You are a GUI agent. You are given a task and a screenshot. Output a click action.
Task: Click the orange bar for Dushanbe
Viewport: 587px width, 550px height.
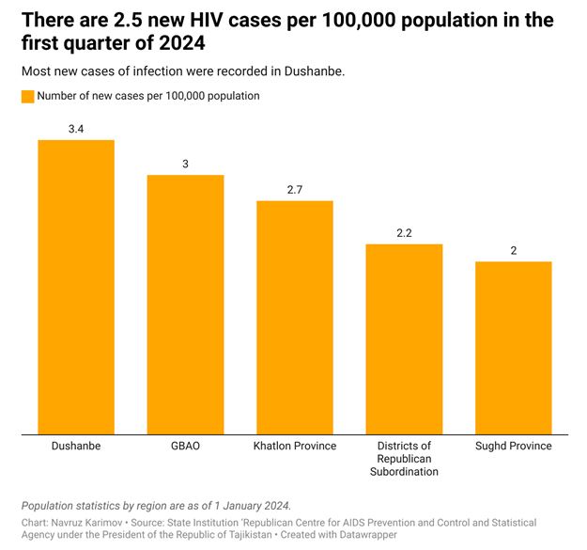[x=76, y=287]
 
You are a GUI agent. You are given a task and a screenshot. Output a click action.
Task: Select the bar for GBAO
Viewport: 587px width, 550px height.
[x=185, y=305]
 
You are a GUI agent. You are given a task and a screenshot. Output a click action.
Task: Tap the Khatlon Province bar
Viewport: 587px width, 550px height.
[x=295, y=318]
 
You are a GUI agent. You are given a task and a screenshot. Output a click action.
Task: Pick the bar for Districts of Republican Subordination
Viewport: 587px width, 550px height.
[x=404, y=339]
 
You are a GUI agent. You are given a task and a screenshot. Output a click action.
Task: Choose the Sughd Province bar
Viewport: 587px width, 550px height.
[x=513, y=348]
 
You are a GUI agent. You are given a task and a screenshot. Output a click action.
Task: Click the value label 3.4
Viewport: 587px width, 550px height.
[x=76, y=129]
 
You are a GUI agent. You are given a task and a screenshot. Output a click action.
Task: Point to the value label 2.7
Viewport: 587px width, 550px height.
[x=295, y=190]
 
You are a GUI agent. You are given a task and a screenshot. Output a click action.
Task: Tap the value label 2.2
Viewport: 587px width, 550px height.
[x=404, y=232]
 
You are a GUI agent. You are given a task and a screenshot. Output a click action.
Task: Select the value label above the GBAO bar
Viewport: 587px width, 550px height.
[x=185, y=164]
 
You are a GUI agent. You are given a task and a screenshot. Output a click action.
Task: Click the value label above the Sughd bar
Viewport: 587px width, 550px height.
[x=513, y=250]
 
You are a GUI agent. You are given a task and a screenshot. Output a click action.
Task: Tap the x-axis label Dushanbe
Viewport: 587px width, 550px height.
[x=76, y=446]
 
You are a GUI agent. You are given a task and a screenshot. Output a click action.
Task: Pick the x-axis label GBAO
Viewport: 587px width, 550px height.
[x=185, y=446]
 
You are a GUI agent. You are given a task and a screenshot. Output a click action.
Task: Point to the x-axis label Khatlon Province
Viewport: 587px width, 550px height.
[x=295, y=446]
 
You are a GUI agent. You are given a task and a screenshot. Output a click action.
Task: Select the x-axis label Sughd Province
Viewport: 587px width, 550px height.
[x=513, y=446]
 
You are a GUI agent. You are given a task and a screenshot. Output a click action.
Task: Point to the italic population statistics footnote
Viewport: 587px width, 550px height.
[x=156, y=505]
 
